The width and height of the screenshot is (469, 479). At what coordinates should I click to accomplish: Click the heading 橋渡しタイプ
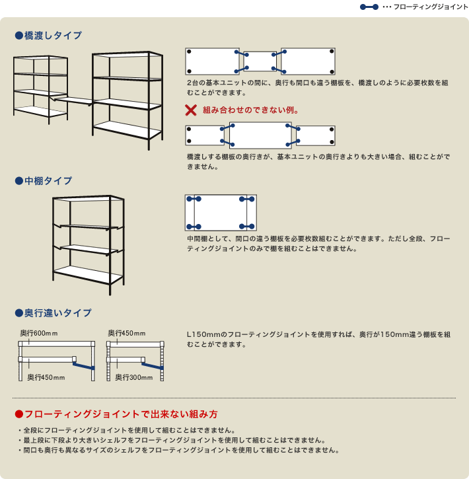coord(53,36)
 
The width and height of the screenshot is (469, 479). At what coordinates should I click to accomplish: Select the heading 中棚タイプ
coord(48,180)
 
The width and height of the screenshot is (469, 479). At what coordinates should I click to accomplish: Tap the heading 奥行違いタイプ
coord(57,313)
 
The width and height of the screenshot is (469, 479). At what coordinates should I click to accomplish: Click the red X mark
coord(191,110)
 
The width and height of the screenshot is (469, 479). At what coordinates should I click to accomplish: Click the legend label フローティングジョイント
coord(430,7)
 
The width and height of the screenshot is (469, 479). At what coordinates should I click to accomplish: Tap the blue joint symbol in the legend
coord(369,7)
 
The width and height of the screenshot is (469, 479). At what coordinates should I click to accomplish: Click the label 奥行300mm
coord(134,377)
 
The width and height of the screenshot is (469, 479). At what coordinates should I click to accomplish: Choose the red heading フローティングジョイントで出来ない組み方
coord(121,415)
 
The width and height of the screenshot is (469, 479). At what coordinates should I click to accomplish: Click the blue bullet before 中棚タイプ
coord(18,180)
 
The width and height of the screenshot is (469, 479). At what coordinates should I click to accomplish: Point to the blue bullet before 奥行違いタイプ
coord(18,313)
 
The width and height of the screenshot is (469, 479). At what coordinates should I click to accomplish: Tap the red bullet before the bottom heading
coord(18,415)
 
